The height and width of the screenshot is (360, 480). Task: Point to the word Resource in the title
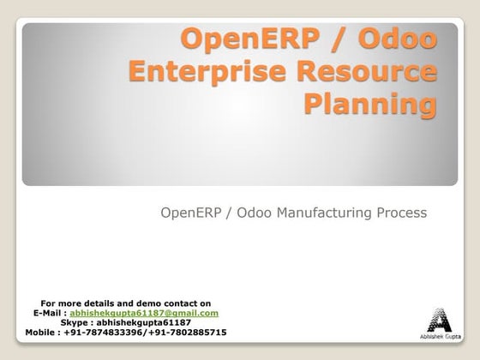point(368,73)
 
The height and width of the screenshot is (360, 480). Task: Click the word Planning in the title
point(369,105)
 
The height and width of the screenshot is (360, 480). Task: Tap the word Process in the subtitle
point(398,213)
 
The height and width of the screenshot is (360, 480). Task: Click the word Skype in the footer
point(75,322)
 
